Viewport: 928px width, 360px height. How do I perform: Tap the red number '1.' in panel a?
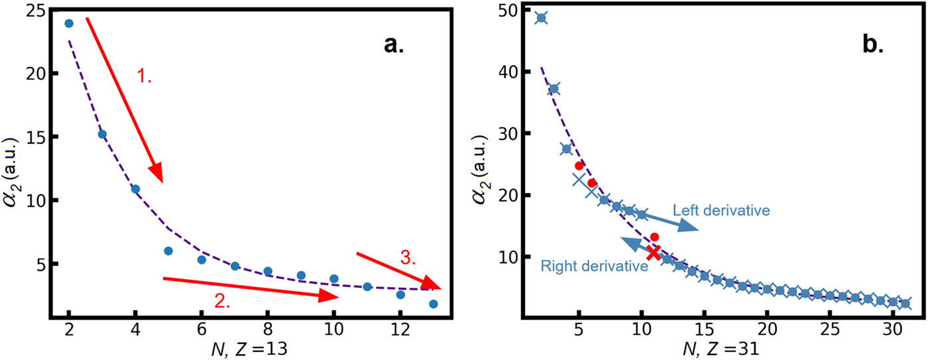coord(145,76)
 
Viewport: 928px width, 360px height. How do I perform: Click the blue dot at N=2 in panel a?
coord(68,23)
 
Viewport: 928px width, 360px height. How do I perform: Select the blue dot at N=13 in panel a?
coord(434,304)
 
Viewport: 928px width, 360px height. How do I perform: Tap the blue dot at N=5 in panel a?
coord(168,251)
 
